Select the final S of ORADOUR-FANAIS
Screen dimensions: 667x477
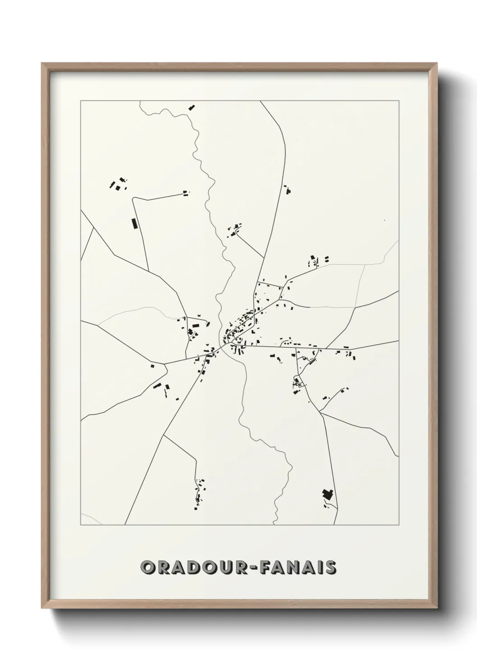[x=330, y=567]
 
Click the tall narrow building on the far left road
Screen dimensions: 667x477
[x=133, y=224]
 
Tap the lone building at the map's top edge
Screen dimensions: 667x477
[x=192, y=107]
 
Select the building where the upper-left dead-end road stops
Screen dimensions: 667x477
[x=185, y=193]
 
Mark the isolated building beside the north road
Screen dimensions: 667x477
[x=286, y=189]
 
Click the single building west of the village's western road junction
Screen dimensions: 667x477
[x=153, y=365]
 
